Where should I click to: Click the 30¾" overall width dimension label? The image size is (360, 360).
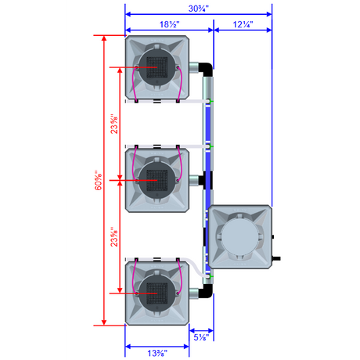pyautogui.click(x=199, y=9)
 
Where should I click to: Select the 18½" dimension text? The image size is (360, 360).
pyautogui.click(x=170, y=24)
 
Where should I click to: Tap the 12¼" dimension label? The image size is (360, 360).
pyautogui.click(x=243, y=24)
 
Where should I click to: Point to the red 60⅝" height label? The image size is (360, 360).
pyautogui.click(x=99, y=180)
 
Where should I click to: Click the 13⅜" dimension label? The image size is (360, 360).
pyautogui.click(x=157, y=353)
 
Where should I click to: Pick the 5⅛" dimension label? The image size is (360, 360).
pyautogui.click(x=201, y=337)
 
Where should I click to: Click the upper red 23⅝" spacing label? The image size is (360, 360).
pyautogui.click(x=114, y=124)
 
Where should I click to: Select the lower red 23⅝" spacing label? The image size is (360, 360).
pyautogui.click(x=114, y=236)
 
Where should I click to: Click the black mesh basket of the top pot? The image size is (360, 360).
pyautogui.click(x=157, y=67)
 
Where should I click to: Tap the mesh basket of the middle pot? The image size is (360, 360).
pyautogui.click(x=157, y=180)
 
